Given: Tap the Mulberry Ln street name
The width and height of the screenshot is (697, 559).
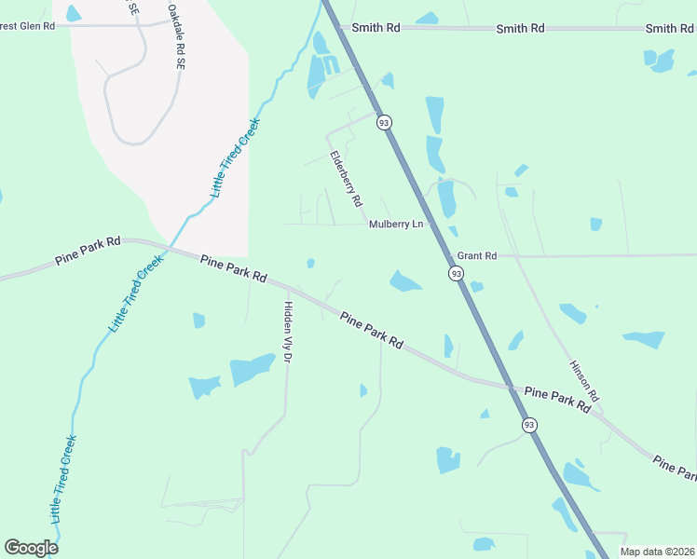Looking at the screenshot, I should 395,225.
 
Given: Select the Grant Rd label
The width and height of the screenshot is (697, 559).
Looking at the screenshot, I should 476,255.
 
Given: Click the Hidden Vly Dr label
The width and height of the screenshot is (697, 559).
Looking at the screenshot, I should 289,331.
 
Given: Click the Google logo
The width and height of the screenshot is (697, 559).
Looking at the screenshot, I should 31,548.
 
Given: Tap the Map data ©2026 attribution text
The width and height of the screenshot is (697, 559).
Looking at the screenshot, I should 656,552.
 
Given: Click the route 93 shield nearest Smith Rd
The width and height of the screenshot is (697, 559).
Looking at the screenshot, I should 383,122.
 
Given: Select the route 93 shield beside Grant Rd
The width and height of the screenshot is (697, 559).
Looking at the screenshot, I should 455,273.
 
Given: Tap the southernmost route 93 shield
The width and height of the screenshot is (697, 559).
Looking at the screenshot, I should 529,425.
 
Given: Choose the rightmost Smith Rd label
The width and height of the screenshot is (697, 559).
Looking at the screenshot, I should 668,29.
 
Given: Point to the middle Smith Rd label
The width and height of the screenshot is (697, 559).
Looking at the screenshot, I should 520,29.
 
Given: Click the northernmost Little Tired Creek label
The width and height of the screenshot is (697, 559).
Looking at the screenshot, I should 235,157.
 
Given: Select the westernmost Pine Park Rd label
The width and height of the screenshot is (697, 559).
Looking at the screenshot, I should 88,251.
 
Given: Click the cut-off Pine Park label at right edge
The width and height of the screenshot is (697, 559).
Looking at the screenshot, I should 674,468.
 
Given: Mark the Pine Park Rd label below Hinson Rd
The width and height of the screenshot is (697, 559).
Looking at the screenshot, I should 558,400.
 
